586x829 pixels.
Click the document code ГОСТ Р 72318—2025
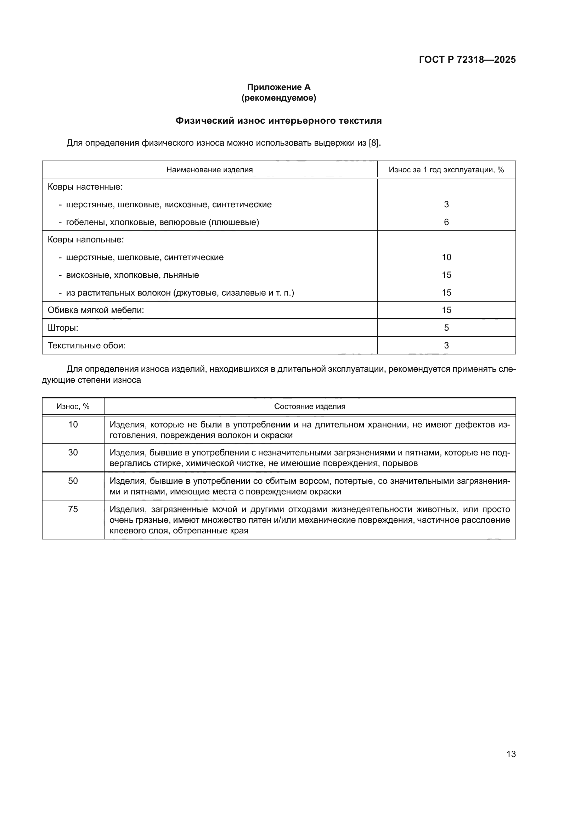pos(467,60)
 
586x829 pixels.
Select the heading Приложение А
pos(278,87)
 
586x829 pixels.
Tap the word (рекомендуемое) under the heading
pos(278,98)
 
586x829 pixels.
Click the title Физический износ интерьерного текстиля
pos(278,121)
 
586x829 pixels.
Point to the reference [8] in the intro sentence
pos(374,143)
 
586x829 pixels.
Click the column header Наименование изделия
pos(209,170)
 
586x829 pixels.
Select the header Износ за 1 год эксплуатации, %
pos(446,170)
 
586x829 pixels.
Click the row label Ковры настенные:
pos(85,187)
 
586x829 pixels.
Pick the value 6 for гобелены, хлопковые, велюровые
pos(446,222)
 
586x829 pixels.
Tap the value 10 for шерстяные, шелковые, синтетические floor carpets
pos(446,257)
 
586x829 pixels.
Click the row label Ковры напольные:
pos(85,240)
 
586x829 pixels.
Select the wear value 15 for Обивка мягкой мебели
pos(446,310)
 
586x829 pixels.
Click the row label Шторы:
pos(63,328)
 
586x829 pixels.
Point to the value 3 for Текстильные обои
pos(446,345)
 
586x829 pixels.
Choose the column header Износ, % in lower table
pos(73,407)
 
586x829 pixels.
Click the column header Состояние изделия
pos(310,407)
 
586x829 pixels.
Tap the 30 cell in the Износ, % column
pos(73,452)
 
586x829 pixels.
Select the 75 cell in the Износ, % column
pos(73,509)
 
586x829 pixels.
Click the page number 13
pos(511,754)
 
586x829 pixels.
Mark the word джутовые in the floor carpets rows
pos(197,292)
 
